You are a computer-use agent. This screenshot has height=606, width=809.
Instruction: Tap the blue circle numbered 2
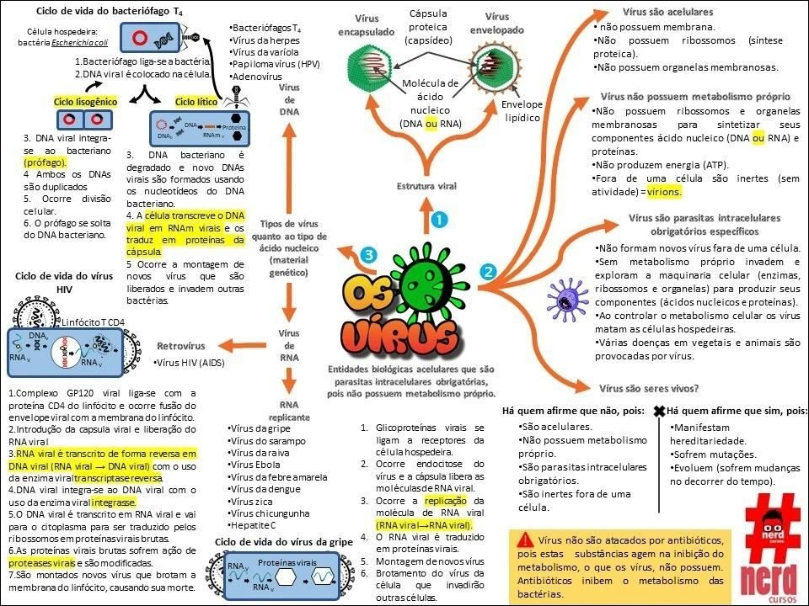(x=487, y=271)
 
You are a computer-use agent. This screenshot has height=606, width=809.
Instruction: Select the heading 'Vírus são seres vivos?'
(x=648, y=388)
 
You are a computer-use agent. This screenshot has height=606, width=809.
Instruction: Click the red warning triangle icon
(x=526, y=540)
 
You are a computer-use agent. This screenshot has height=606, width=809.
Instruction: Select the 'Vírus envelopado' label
(x=498, y=24)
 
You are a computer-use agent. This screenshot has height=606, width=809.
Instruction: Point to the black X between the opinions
(x=659, y=411)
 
